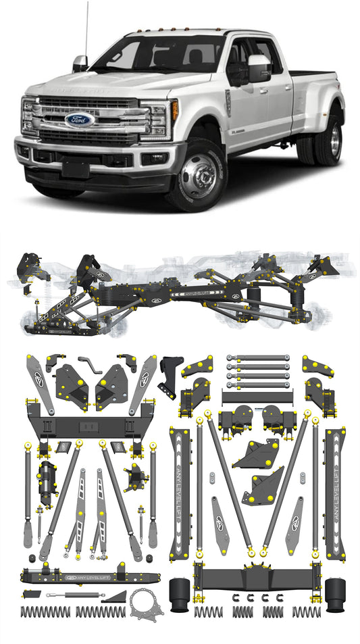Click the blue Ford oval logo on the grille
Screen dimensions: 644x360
click(x=79, y=120)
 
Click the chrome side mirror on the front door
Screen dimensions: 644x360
click(x=259, y=69)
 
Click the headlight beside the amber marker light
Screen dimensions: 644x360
click(x=159, y=119)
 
